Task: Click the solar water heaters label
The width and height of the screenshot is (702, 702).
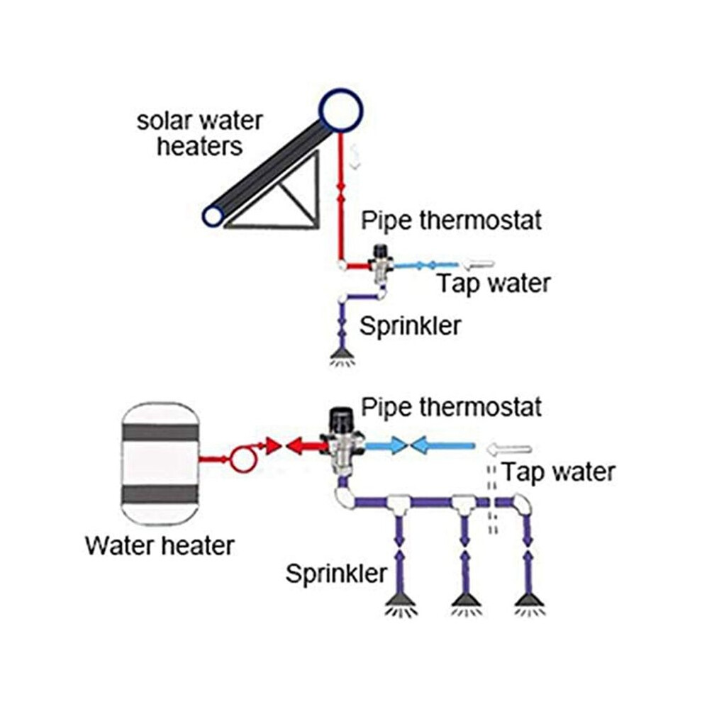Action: [x=200, y=134]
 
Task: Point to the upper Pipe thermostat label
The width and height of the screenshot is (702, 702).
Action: [x=451, y=221]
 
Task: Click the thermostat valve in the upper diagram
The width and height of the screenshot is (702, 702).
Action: [x=381, y=264]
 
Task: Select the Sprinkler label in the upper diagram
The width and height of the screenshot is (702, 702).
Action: [x=410, y=325]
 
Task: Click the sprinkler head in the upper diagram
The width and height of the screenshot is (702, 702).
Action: [x=342, y=357]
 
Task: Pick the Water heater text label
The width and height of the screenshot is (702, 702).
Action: [x=160, y=545]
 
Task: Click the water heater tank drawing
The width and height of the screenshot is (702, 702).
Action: [x=160, y=464]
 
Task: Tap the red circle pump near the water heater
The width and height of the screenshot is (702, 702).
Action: [x=243, y=459]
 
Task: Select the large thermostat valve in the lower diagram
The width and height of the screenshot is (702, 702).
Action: [x=343, y=442]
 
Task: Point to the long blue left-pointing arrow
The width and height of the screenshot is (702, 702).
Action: [x=442, y=445]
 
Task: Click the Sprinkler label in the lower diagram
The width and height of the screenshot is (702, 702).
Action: [x=336, y=573]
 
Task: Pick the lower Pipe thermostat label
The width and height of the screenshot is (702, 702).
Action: [x=451, y=407]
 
